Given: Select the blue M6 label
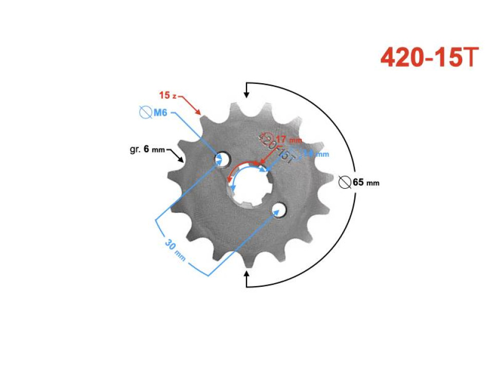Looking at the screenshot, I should point(160,113).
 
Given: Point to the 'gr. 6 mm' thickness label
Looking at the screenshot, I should point(147,150).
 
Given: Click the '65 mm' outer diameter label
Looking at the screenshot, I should point(366,182).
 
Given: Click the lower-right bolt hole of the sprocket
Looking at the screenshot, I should point(279,209).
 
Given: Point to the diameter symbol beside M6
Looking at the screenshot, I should point(145,113).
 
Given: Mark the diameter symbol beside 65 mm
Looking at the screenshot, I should point(345,182).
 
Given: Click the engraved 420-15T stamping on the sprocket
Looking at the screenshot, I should point(276,147).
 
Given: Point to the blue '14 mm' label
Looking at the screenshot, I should point(315,153).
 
